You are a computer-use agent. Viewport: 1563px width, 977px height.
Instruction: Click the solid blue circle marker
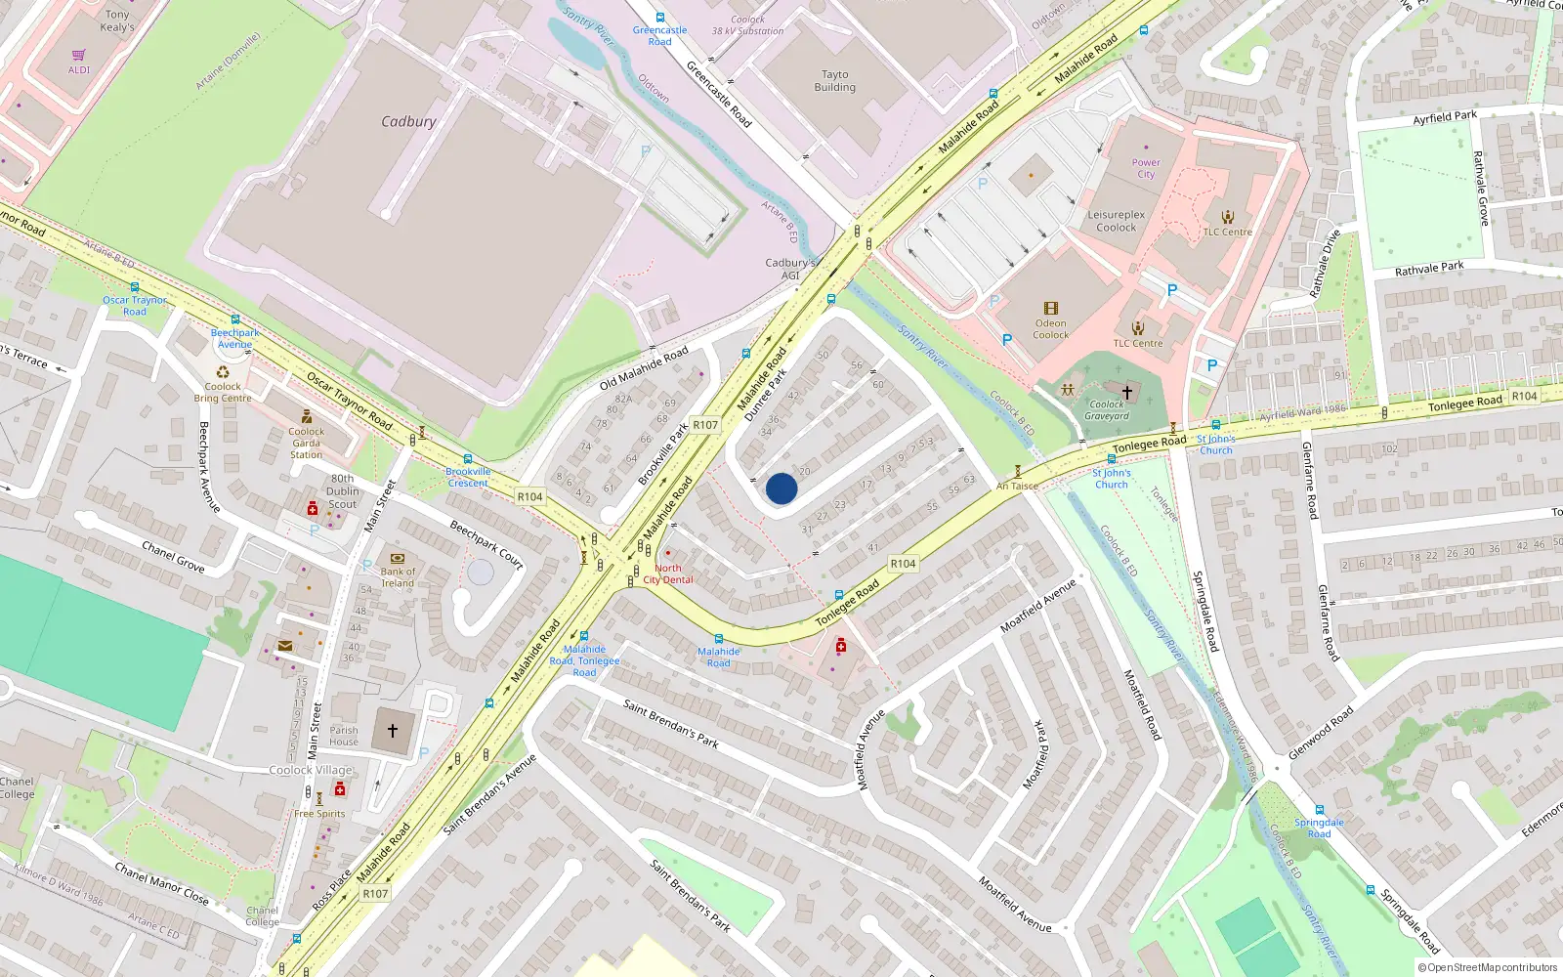(781, 488)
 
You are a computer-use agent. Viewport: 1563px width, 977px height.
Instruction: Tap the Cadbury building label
(408, 122)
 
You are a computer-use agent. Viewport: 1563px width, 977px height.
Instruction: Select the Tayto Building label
(834, 81)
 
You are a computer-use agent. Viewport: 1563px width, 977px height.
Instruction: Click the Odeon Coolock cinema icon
(1051, 308)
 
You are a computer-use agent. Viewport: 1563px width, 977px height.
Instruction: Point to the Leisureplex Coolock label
(1116, 221)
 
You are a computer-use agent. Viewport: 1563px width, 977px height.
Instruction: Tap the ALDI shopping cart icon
(79, 56)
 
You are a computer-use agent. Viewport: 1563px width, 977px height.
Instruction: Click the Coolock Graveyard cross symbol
(1126, 392)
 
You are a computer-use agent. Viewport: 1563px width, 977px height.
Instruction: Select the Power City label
(1146, 168)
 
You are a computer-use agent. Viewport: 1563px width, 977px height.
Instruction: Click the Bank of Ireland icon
(398, 559)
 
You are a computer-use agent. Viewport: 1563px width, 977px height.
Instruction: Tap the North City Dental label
(668, 573)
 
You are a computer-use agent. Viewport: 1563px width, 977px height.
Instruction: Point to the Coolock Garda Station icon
(307, 416)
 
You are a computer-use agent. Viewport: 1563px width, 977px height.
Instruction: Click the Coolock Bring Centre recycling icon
(223, 372)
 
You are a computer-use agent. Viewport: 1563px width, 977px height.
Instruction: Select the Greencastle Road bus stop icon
(660, 18)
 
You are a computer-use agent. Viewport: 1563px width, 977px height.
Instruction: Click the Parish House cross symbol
(393, 730)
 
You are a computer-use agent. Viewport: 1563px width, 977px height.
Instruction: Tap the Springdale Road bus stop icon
(1319, 810)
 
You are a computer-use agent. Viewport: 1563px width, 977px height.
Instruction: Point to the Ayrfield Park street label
(1445, 117)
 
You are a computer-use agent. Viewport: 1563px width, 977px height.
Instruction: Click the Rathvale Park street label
(1429, 268)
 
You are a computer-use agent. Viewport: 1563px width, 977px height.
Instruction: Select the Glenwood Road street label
(1321, 733)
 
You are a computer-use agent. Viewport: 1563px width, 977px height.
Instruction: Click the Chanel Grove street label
(173, 556)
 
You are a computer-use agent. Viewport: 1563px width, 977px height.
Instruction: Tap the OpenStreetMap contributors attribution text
(1488, 967)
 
